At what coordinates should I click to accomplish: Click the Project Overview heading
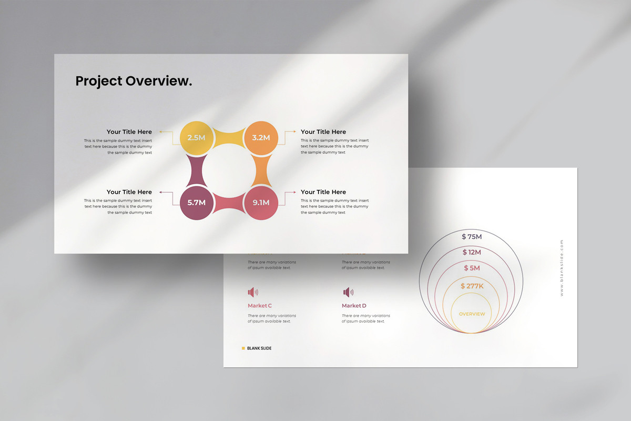pos(134,81)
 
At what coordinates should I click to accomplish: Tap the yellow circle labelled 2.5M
pos(196,138)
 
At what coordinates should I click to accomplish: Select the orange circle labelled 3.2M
pos(261,138)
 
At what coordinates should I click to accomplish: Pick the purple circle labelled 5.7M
pos(196,202)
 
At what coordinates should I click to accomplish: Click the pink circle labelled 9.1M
pos(261,202)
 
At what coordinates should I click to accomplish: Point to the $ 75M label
pos(472,237)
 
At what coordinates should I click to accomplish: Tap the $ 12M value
pos(472,253)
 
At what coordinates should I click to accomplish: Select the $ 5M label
pos(472,268)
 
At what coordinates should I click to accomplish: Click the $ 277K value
pos(472,286)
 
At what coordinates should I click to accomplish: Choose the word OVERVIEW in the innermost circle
pos(472,314)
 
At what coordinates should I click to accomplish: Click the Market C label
pos(260,306)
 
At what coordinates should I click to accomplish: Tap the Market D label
pos(354,306)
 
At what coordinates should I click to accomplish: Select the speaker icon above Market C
pos(253,292)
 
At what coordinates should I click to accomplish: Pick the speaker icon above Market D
pos(348,292)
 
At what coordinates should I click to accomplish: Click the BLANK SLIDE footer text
pos(259,348)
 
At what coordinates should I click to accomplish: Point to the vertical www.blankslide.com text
pos(562,268)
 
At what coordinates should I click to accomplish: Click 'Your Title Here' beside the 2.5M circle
pos(129,132)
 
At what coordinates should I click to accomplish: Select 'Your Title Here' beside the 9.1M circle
pos(323,192)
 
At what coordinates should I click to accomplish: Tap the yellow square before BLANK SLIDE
pos(243,348)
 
